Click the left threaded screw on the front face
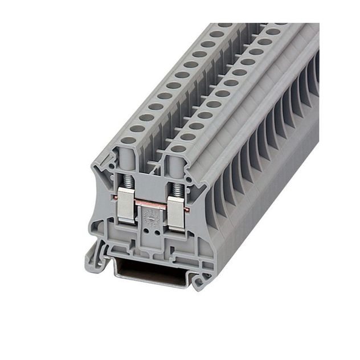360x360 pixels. [x=129, y=182]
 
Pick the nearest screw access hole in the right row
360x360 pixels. [x=178, y=149]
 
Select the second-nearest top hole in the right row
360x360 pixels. [x=187, y=137]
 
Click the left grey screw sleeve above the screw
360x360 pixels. [x=128, y=161]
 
